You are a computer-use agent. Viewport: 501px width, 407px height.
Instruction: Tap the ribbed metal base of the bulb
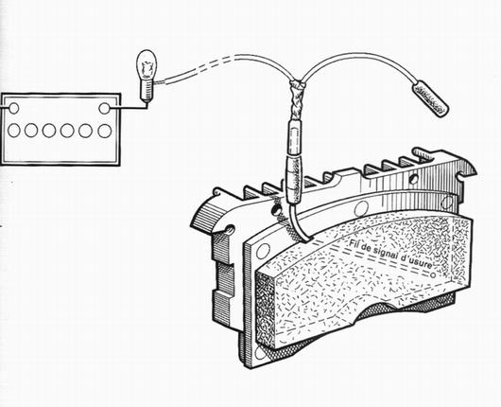[147, 92]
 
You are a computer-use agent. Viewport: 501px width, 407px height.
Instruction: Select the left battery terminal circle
[13, 108]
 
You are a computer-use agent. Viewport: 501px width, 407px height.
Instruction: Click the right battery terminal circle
[105, 108]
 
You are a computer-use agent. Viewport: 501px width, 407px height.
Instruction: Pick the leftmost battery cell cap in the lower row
[14, 131]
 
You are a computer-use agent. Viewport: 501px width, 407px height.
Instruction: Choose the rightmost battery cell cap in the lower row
[105, 131]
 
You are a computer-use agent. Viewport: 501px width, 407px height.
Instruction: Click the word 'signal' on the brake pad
[382, 253]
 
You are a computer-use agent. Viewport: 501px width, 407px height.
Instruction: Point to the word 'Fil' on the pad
[353, 243]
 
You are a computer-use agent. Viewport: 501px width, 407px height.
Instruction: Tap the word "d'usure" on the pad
[416, 263]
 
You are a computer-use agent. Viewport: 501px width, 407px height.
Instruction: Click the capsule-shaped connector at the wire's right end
[430, 99]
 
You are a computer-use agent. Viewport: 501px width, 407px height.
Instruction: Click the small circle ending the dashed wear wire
[433, 274]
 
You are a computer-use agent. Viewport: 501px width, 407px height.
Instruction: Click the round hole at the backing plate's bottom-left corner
[260, 353]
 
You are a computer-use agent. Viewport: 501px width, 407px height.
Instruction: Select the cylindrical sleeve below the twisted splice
[295, 137]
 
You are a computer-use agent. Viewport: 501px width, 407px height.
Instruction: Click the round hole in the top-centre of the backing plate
[361, 208]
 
